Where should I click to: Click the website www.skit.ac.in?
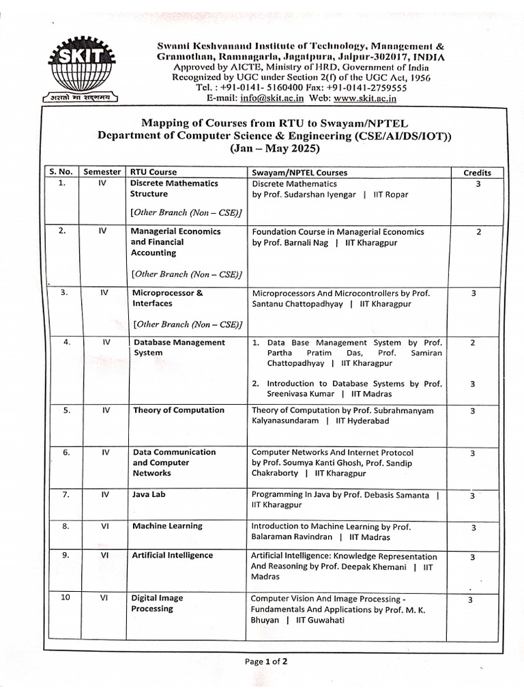365,98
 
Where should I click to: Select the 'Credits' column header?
478,173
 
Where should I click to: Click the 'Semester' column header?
102,173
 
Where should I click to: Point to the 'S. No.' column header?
63,173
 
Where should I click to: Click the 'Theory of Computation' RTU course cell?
179,410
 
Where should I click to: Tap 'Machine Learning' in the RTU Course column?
167,526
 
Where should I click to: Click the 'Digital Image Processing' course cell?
157,603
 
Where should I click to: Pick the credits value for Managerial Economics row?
478,232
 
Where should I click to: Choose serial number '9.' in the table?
65,555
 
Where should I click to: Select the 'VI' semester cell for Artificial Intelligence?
104,555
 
